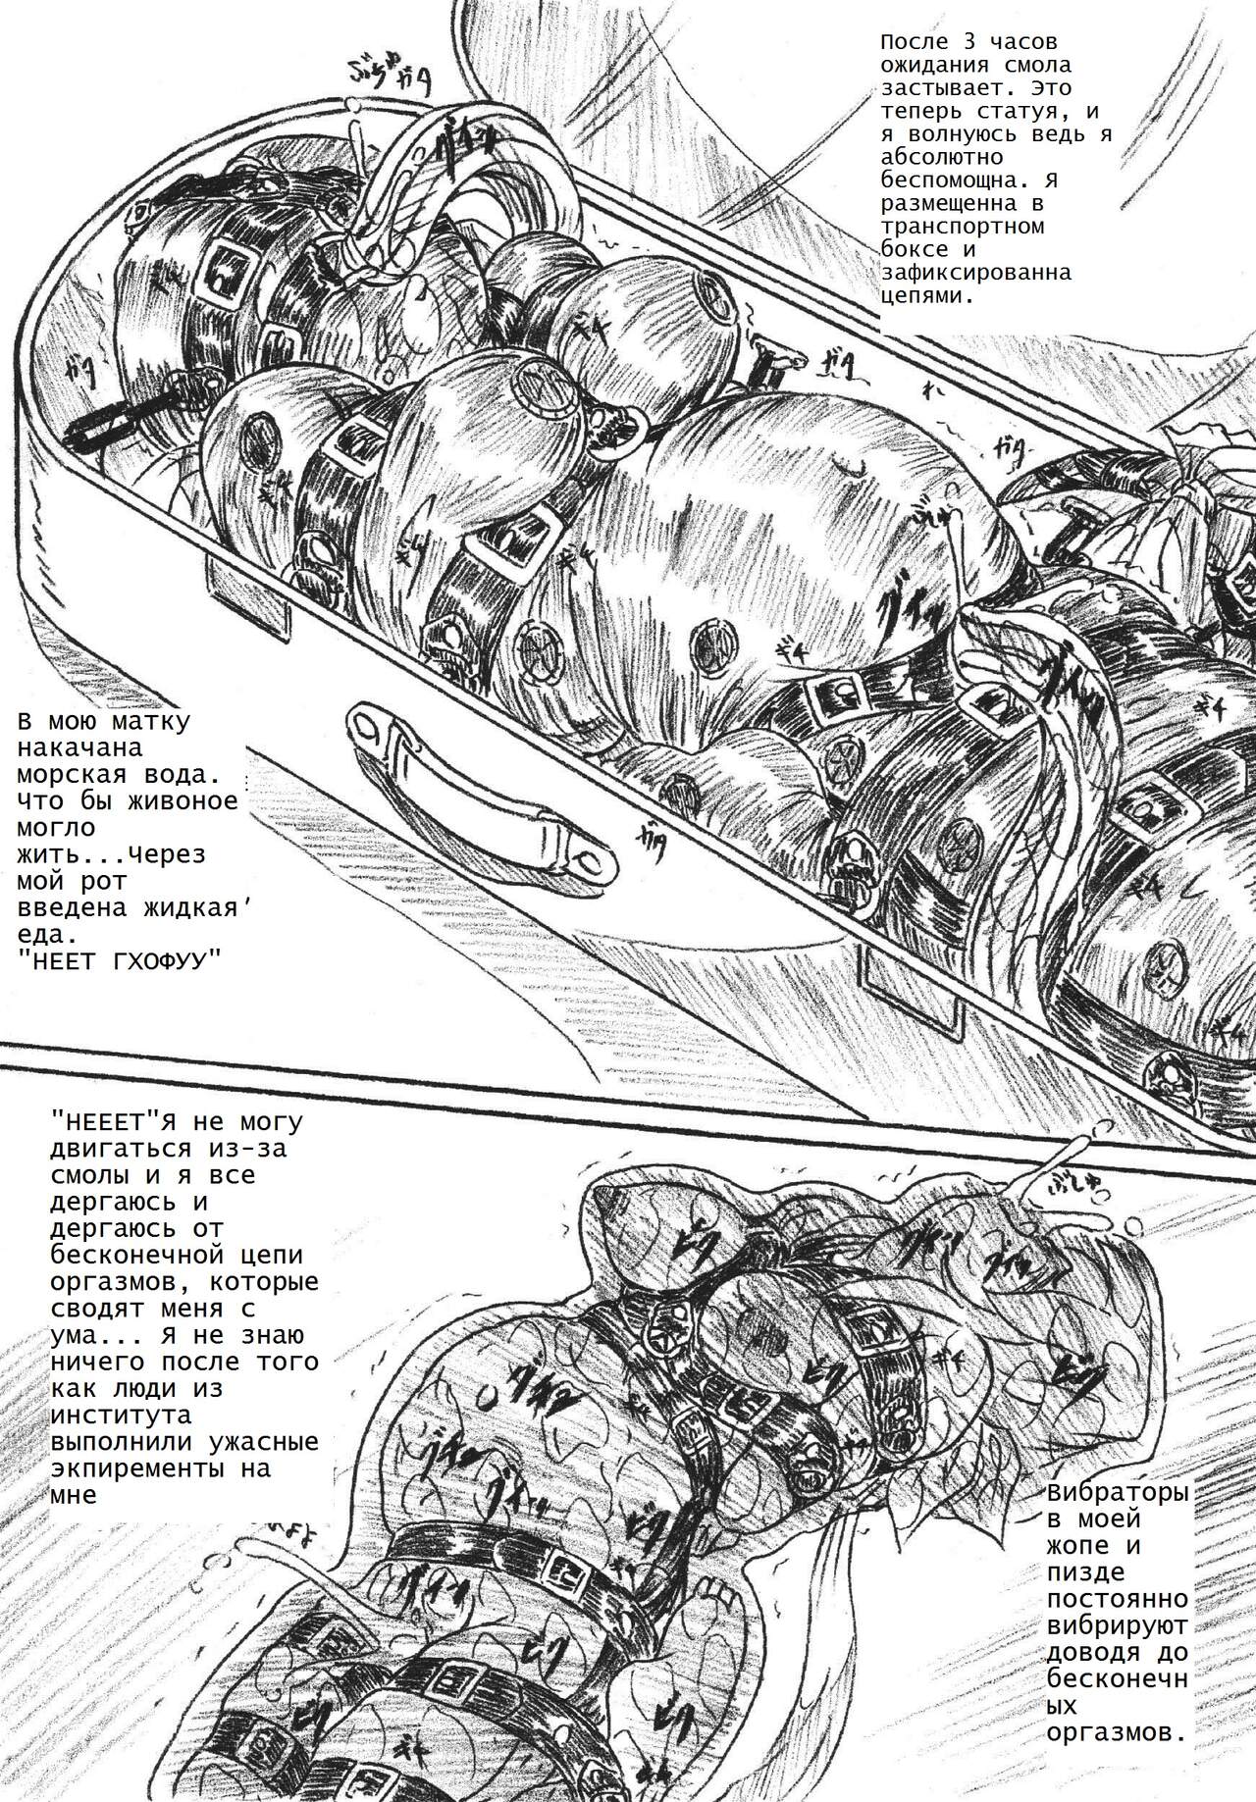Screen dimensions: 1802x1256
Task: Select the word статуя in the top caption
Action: [x=1016, y=112]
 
